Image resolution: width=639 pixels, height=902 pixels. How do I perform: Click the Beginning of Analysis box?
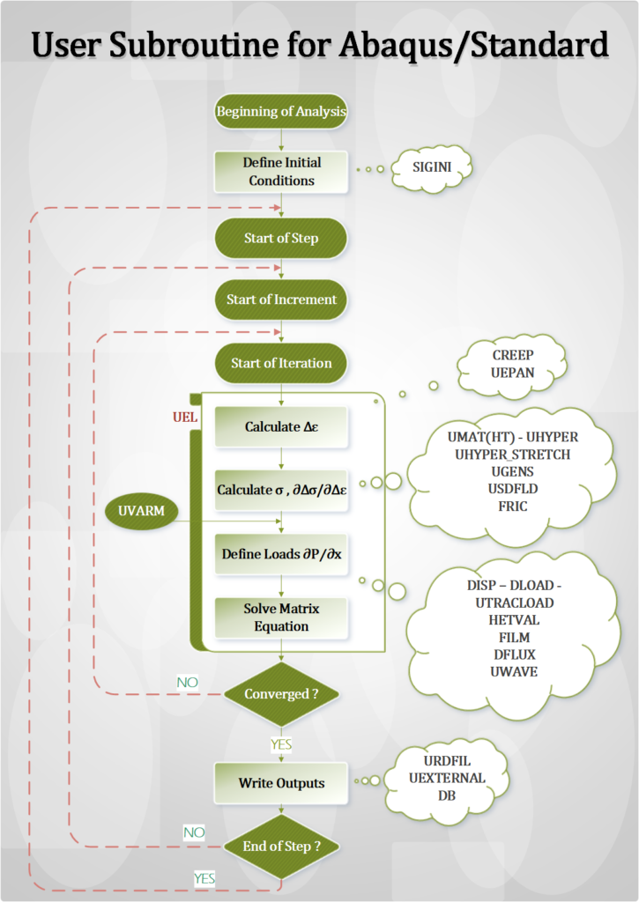281,112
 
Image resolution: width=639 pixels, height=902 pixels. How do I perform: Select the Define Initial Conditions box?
281,172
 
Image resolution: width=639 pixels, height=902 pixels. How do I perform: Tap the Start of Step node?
281,238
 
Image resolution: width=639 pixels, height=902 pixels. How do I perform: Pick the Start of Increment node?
281,299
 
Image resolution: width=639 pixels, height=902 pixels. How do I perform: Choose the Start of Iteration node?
281,363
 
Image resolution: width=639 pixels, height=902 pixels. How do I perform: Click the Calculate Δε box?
281,427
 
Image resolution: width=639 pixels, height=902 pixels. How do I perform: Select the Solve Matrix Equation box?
281,617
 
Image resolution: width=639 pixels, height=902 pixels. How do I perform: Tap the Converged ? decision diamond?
281,693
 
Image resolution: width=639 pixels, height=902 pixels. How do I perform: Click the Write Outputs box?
281,783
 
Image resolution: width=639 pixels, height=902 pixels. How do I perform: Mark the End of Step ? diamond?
281,847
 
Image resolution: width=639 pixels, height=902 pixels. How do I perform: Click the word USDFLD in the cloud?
512,490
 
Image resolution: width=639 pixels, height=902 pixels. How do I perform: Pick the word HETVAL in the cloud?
511,620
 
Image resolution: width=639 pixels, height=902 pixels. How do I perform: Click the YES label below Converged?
280,745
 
